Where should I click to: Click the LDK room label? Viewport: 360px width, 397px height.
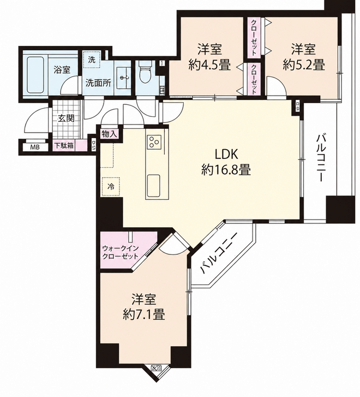226,154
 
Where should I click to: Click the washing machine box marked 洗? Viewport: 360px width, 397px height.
92,60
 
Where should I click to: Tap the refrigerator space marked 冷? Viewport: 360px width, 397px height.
111,187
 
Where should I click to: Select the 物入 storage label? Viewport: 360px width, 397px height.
110,134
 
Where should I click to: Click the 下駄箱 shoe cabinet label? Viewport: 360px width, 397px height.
64,146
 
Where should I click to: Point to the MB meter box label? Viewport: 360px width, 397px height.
35,147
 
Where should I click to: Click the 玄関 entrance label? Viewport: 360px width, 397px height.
67,118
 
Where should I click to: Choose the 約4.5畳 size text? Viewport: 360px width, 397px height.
209,66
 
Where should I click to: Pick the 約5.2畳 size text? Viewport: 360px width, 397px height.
304,66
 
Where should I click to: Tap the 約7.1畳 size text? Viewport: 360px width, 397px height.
144,315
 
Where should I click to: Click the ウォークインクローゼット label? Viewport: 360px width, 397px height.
120,252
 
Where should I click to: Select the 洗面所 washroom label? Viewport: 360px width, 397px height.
98,83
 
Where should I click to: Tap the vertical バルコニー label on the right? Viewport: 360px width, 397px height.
320,158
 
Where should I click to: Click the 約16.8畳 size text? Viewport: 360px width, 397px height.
226,170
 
